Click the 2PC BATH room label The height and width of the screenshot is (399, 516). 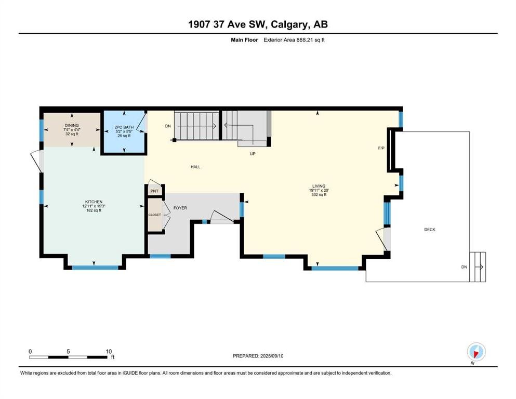pos(124,127)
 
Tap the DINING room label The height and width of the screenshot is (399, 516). pos(72,125)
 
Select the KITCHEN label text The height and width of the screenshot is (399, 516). pos(94,202)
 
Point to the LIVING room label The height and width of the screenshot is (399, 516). pos(319,186)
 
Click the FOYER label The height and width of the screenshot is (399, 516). pos(180,208)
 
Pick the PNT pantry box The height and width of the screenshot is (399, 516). pos(154,191)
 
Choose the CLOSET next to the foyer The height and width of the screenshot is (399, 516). pos(155,215)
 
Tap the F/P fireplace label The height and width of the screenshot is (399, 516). pos(381,149)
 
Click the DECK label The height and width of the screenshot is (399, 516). pos(430,230)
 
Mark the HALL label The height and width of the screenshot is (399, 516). pos(195,167)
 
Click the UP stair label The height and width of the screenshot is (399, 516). pos(253,154)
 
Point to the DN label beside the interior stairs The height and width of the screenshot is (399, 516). pos(168,126)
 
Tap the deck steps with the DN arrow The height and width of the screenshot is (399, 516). pos(478,267)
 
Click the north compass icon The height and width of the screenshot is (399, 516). pos(476,352)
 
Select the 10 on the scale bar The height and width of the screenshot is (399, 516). pos(109,351)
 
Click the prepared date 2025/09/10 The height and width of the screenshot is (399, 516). pos(272,356)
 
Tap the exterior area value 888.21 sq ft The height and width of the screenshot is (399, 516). pos(311,40)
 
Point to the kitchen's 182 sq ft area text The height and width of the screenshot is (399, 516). pos(94,210)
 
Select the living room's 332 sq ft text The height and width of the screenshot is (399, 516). pos(319,194)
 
